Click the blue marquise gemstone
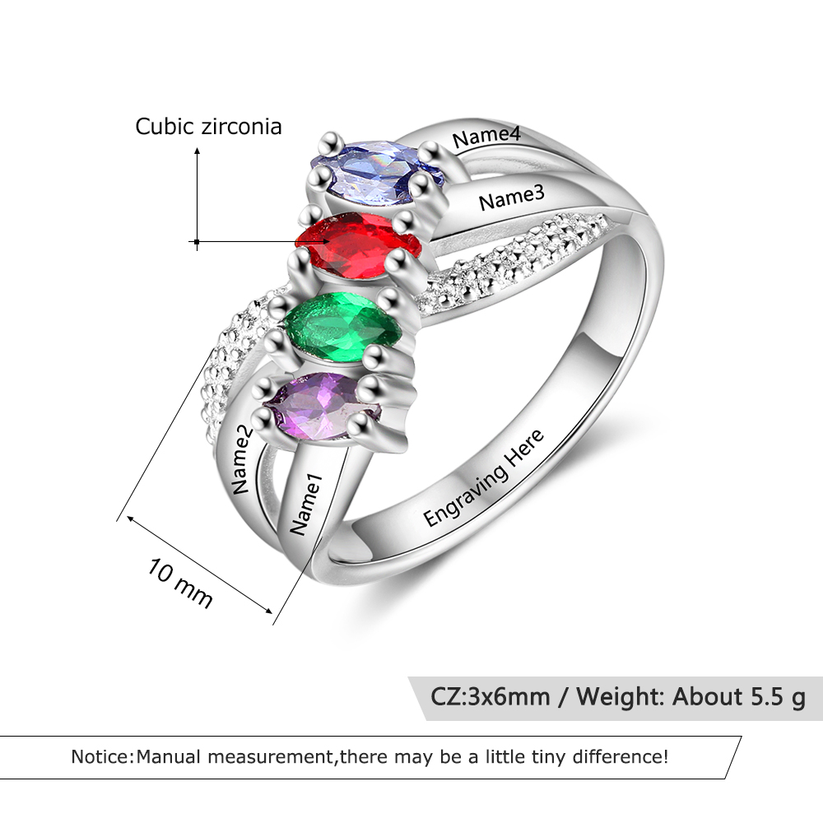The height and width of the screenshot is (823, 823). [377, 172]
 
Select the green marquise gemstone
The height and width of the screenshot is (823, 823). [342, 328]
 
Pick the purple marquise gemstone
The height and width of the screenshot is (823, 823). [322, 407]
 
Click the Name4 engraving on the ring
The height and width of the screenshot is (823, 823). [486, 137]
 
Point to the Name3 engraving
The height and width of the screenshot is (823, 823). [512, 198]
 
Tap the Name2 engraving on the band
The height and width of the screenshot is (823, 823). [241, 460]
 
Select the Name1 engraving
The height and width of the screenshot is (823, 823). [305, 504]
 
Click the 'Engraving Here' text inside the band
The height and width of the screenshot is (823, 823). [483, 477]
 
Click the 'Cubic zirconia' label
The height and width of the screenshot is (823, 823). [208, 127]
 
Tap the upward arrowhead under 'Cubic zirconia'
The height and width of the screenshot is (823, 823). [198, 151]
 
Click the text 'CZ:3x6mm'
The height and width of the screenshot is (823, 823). [491, 697]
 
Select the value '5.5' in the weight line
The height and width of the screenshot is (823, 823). [765, 697]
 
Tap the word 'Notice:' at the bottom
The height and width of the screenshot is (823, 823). [103, 757]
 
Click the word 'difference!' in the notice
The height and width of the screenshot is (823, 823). [621, 757]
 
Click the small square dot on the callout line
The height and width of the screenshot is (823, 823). [197, 242]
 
